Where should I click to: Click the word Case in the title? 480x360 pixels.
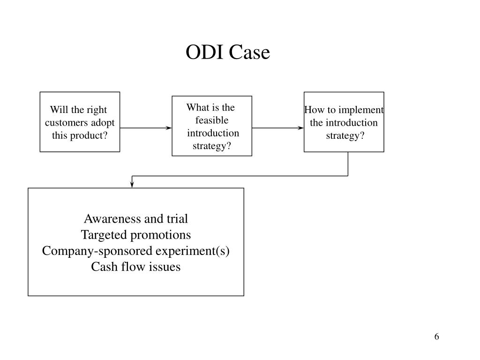(x=249, y=52)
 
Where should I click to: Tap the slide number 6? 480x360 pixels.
(x=436, y=337)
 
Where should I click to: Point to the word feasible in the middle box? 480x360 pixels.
(x=212, y=120)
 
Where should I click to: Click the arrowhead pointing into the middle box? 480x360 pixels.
(x=168, y=128)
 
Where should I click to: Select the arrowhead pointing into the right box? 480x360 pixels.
(x=300, y=128)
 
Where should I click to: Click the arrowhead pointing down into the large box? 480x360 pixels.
(x=132, y=184)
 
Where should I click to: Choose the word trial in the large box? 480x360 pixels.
(x=177, y=218)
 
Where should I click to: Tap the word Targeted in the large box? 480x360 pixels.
(x=104, y=235)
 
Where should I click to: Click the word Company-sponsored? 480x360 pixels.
(x=97, y=251)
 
